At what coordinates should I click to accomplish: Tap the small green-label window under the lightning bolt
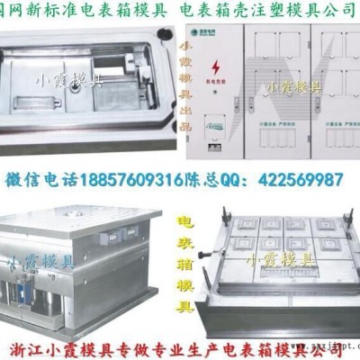[212, 126]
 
